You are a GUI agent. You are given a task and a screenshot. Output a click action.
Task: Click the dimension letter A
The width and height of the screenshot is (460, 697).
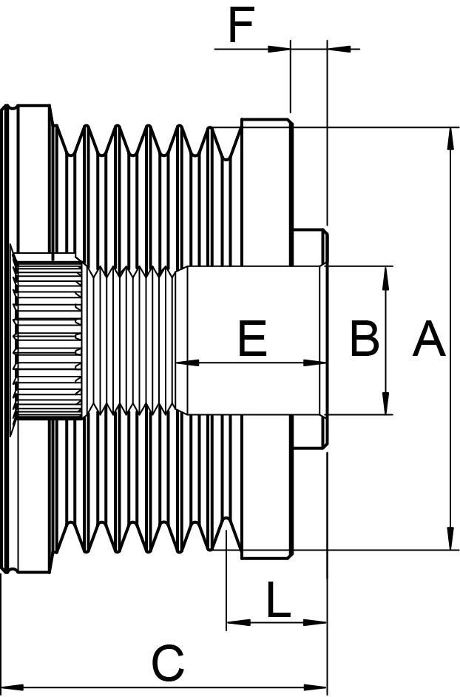coord(429,340)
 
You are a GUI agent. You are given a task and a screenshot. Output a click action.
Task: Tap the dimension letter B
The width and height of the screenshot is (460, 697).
coord(365,340)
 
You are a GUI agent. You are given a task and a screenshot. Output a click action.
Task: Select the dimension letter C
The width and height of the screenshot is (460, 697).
coord(168,663)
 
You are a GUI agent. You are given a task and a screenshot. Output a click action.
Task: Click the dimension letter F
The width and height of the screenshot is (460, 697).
coord(241,27)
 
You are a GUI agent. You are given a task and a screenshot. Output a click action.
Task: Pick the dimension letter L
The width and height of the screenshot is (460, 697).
coord(277,600)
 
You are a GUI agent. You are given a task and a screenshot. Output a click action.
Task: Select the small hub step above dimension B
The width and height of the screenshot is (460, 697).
coord(310,247)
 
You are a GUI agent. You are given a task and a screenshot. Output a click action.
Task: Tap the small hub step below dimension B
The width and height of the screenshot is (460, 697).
coord(310,432)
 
